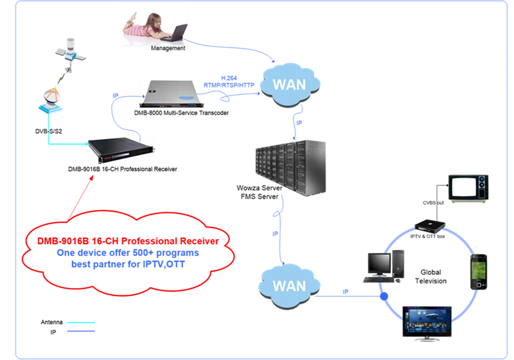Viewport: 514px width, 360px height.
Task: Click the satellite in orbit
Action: coord(70,52)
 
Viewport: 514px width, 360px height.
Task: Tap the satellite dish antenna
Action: coord(51,99)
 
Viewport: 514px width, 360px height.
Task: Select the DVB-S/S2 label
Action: coord(48,131)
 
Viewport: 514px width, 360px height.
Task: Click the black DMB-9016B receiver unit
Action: coord(121,150)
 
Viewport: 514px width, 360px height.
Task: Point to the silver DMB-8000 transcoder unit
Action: coord(172,94)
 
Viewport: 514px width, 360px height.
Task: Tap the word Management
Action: coord(168,48)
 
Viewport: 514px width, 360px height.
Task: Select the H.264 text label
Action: coord(229,78)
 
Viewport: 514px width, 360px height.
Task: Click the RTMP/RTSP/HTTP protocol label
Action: coord(229,85)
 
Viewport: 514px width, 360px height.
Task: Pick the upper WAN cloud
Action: coord(290,85)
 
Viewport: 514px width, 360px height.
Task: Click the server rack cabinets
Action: coord(290,168)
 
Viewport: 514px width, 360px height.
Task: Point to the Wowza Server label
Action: coord(259,188)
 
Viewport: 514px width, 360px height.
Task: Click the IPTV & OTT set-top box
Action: coord(430,226)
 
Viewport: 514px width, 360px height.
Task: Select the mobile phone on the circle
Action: coord(479,272)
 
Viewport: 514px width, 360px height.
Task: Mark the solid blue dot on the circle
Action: coord(384,296)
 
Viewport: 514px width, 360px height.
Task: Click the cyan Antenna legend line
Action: coord(81,322)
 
